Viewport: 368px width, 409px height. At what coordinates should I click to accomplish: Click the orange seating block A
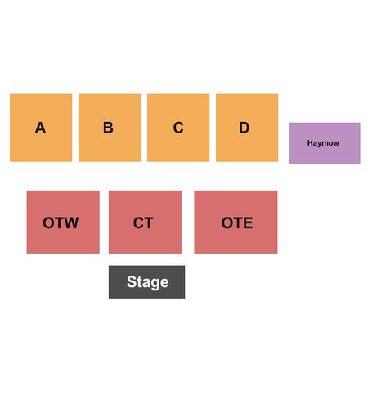click(41, 128)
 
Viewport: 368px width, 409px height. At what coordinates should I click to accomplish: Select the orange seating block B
click(110, 128)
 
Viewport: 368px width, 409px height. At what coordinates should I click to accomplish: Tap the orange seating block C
click(178, 128)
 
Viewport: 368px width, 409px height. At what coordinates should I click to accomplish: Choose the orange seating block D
click(247, 128)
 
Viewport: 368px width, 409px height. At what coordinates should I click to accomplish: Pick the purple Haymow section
click(325, 143)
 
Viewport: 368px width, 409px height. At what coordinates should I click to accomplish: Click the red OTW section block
click(63, 222)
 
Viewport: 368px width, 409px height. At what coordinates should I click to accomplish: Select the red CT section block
click(145, 222)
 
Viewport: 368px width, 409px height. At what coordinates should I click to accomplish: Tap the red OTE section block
click(236, 222)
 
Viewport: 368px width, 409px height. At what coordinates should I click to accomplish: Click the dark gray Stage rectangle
click(146, 282)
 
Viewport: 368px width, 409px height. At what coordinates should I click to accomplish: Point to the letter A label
click(40, 128)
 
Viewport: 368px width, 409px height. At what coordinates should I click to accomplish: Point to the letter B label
click(108, 128)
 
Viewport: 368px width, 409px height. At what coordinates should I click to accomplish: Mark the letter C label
click(178, 128)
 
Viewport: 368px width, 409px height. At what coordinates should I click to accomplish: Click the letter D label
click(245, 128)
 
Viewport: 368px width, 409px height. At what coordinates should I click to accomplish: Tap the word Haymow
click(323, 143)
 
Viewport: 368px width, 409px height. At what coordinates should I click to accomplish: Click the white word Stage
click(148, 282)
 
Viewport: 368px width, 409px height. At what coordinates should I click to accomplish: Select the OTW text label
click(61, 222)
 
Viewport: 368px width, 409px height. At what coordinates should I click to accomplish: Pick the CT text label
click(143, 222)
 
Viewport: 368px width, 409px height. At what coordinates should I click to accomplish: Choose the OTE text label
click(237, 222)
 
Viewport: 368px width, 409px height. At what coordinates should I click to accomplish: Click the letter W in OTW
click(70, 222)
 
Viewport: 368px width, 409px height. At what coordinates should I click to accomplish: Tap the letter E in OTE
click(248, 222)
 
